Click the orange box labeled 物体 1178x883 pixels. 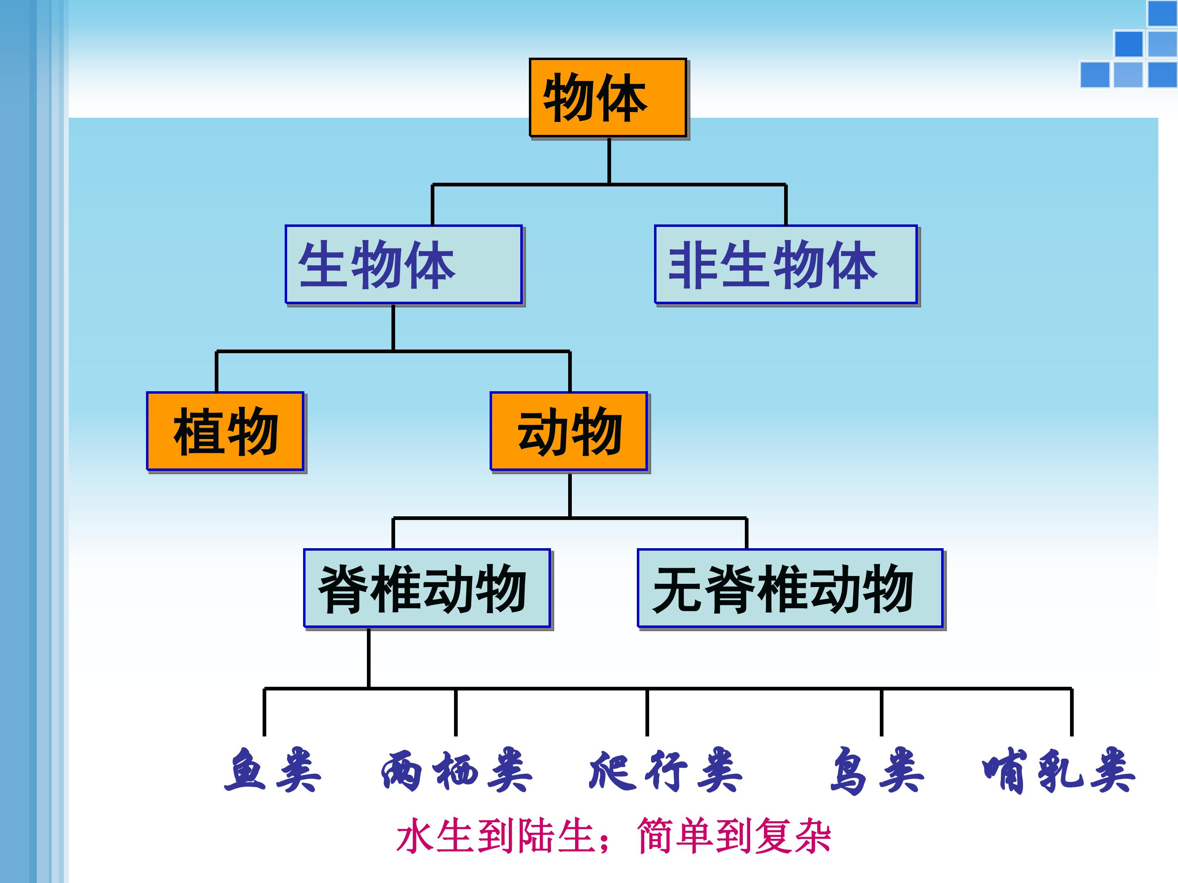608,97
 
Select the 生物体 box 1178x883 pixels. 403,264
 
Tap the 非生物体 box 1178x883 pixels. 785,264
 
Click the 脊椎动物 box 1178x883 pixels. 427,588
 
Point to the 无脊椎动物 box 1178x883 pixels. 790,588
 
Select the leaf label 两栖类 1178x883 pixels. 456,771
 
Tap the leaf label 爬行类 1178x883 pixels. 665,771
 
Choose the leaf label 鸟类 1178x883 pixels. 877,771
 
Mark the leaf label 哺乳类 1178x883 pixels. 1058,771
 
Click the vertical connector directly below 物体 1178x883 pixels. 609,161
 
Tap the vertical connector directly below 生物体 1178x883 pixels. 393,327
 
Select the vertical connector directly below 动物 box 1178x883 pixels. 570,495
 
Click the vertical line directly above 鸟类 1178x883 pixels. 881,712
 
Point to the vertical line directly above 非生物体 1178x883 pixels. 785,205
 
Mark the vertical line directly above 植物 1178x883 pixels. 216,372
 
